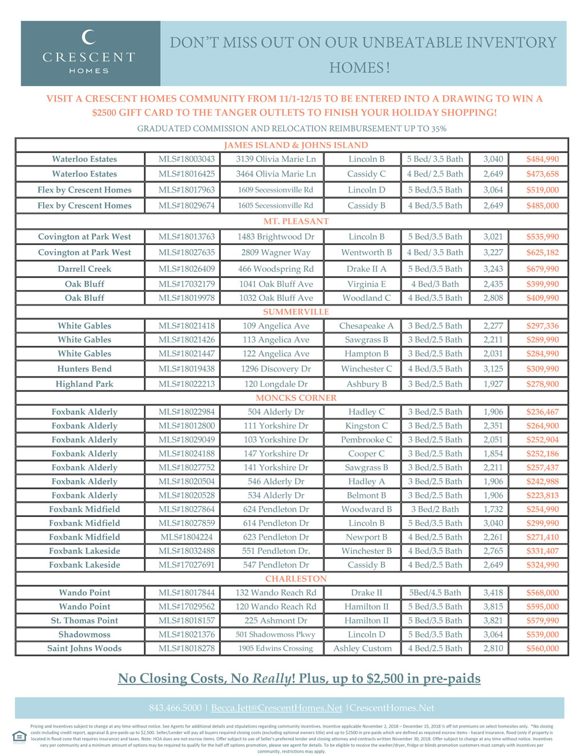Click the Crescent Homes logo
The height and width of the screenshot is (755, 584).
tap(89, 53)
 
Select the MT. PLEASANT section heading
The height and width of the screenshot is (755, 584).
tap(295, 221)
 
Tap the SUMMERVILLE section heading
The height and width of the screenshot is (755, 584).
tap(295, 312)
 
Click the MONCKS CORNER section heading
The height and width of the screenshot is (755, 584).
tap(295, 398)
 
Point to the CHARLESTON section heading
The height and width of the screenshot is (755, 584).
tap(295, 578)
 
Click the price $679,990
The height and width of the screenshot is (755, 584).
tap(542, 269)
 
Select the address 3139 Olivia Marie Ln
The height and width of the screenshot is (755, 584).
tap(275, 159)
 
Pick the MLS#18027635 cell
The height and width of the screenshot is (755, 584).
tap(186, 252)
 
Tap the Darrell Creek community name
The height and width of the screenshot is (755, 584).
tap(84, 269)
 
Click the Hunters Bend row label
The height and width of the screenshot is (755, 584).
tap(84, 369)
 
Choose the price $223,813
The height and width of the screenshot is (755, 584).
tap(542, 495)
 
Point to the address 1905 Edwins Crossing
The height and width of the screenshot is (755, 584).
tap(275, 648)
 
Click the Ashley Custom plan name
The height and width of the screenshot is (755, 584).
tap(363, 648)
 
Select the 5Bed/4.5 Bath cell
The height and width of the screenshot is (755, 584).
tap(435, 593)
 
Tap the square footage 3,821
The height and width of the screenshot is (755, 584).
tap(493, 621)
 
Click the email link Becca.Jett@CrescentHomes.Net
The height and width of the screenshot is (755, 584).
tap(277, 708)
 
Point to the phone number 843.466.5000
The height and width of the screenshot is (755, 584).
tap(175, 708)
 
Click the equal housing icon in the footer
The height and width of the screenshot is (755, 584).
tap(19, 736)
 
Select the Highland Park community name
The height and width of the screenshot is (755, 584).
tap(84, 384)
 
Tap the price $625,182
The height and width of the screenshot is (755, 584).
tap(542, 252)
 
